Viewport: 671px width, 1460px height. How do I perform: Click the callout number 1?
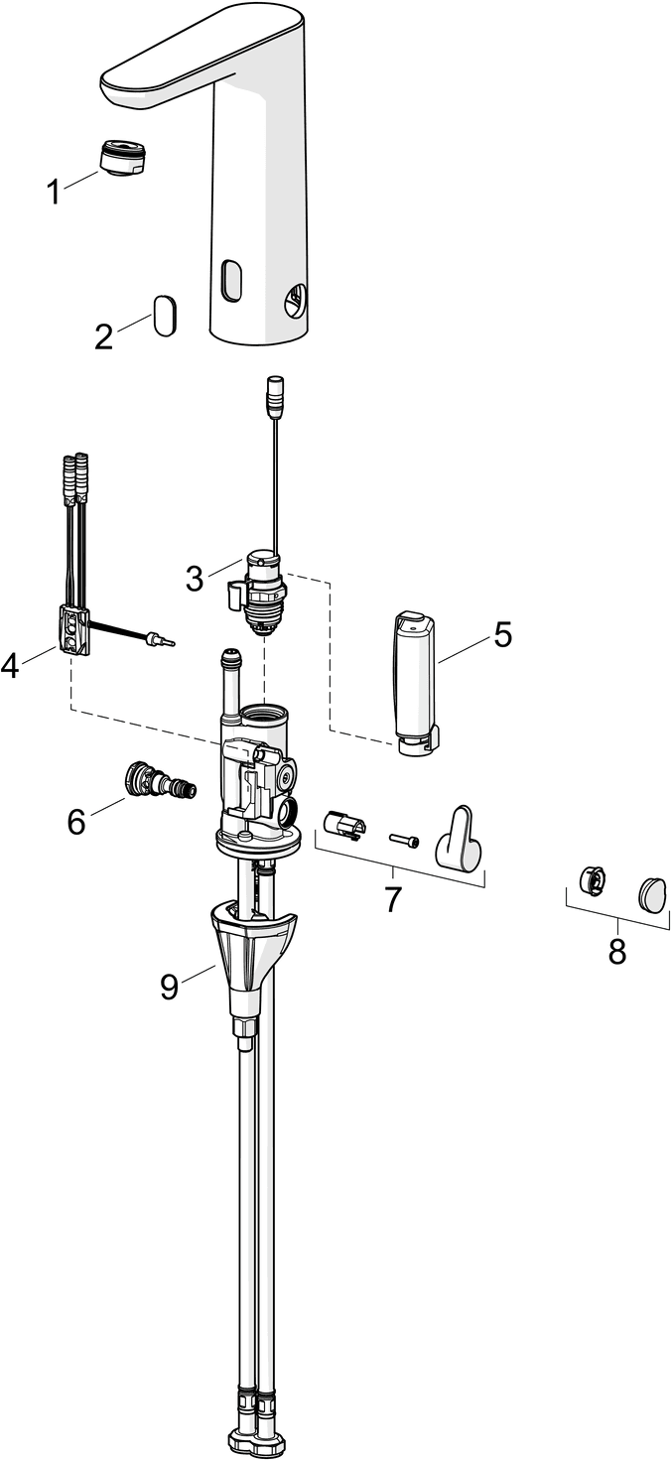coord(55,192)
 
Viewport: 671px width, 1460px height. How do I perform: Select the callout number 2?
coord(104,336)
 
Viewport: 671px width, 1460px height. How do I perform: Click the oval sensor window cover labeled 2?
coord(165,315)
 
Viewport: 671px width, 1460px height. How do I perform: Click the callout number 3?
coord(195,577)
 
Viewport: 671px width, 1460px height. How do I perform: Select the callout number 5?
coord(503,634)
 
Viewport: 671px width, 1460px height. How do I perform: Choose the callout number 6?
coord(76,822)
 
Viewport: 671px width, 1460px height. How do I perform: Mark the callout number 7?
coord(393,899)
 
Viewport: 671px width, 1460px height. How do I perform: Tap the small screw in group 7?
coord(404,839)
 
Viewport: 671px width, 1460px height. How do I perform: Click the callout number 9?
coord(170,985)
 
